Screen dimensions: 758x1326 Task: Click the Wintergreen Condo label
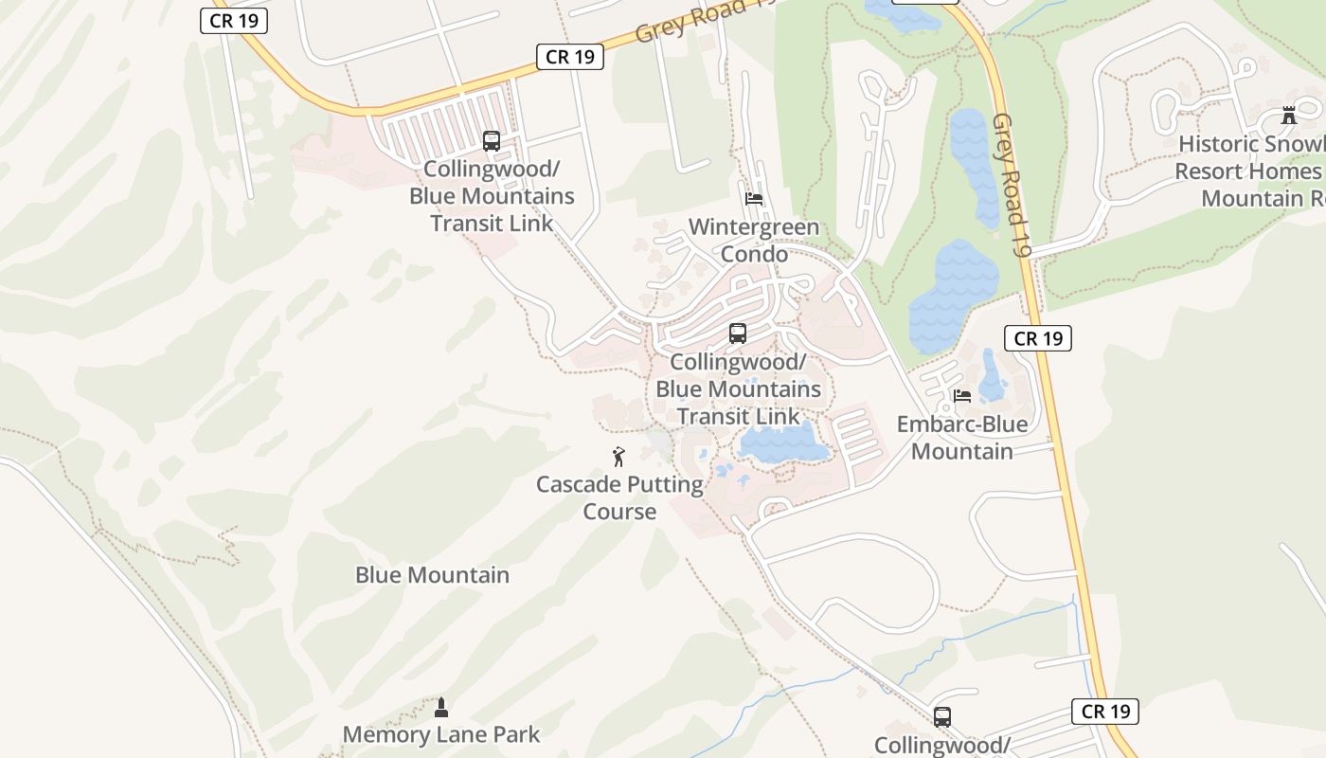[754, 241]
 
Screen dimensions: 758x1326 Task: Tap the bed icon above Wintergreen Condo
[754, 199]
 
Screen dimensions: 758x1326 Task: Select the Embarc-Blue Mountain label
[962, 437]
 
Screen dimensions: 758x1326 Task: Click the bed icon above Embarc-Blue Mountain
[962, 395]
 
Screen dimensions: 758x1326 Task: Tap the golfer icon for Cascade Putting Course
[618, 457]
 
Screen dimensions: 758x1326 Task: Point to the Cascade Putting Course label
[619, 497]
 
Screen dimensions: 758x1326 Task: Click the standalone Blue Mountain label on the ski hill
[432, 575]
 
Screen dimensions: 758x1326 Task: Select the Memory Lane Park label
[441, 734]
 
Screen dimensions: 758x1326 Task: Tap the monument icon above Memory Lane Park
[440, 706]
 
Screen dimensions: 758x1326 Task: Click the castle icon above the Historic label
[1288, 116]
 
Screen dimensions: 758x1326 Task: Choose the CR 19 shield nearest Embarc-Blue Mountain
[1038, 338]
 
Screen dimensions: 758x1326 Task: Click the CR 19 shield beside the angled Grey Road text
[570, 57]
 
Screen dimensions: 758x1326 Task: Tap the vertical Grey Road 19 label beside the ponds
[1010, 186]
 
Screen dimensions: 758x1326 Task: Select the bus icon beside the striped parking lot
[491, 141]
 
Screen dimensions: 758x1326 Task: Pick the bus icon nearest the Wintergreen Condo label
[738, 334]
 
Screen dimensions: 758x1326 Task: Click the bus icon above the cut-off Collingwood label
[941, 717]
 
